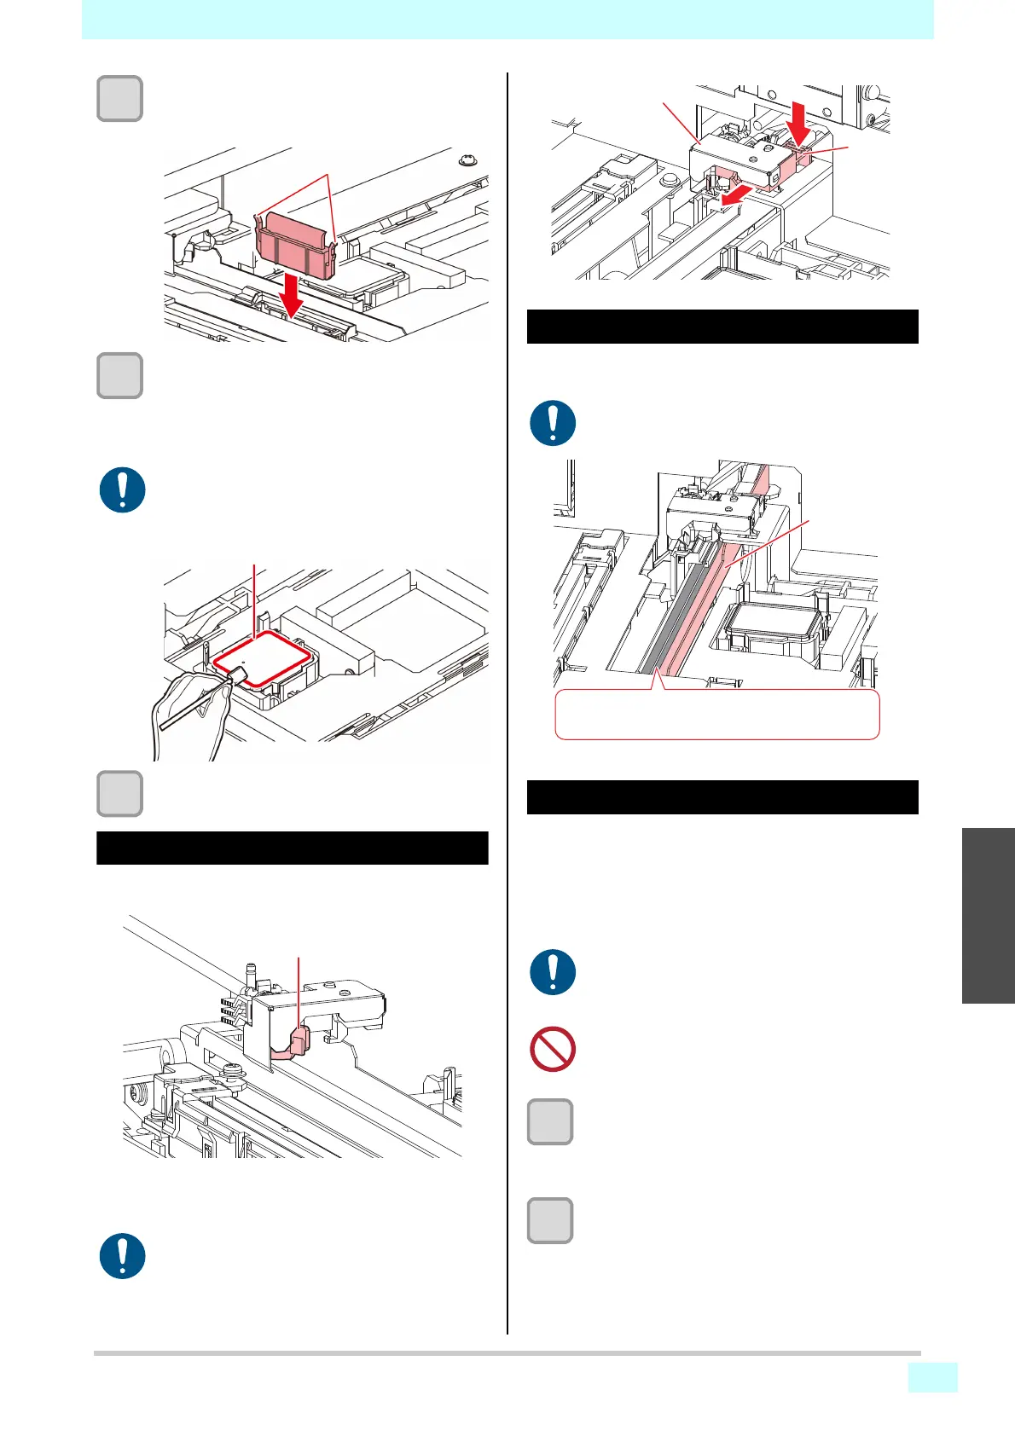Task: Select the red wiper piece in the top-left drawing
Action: [295, 245]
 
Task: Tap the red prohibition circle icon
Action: [553, 1049]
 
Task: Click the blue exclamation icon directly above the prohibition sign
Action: [553, 972]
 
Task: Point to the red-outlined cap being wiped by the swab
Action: [261, 657]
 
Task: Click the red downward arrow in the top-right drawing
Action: [799, 121]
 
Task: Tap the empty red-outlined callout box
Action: [716, 715]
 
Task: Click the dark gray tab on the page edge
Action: [988, 915]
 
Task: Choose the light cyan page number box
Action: [932, 1377]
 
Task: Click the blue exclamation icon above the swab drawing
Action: [123, 490]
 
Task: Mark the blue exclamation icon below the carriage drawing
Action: [123, 1256]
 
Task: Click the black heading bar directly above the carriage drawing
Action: [292, 848]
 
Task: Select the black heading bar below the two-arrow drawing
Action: [722, 327]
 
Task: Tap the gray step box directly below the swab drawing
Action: [119, 794]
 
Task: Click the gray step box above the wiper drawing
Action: [119, 99]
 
